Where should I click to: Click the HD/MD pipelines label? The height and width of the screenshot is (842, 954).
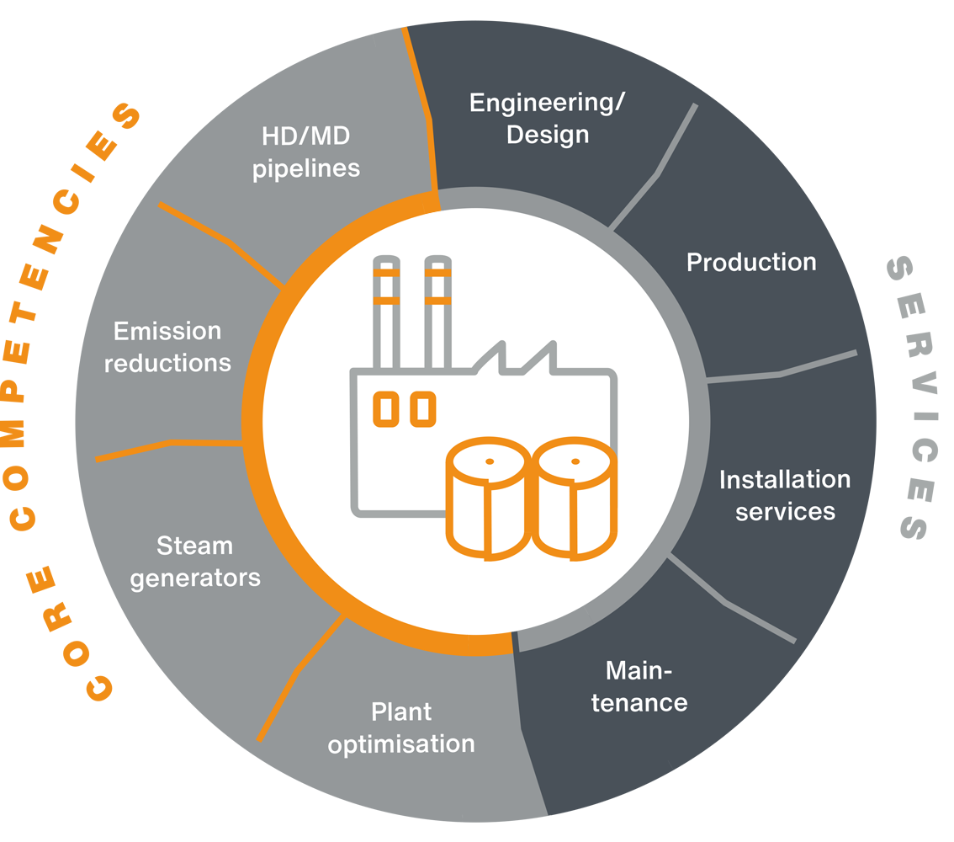point(307,151)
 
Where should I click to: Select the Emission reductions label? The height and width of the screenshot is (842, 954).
point(167,346)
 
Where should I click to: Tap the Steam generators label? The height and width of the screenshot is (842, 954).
point(195,562)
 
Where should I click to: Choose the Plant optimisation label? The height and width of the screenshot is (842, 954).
point(401,727)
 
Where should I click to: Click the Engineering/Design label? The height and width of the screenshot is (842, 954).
point(548,119)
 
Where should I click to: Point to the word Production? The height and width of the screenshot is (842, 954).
point(751,262)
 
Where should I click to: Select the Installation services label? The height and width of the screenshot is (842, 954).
point(785,495)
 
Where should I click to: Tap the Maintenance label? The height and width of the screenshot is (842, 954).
point(639,686)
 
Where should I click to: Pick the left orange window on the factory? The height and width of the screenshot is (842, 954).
point(388,408)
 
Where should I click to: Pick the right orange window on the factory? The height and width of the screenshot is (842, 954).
point(423,408)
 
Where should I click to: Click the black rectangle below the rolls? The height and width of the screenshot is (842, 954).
point(526,615)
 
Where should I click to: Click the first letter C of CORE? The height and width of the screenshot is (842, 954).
point(98,687)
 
